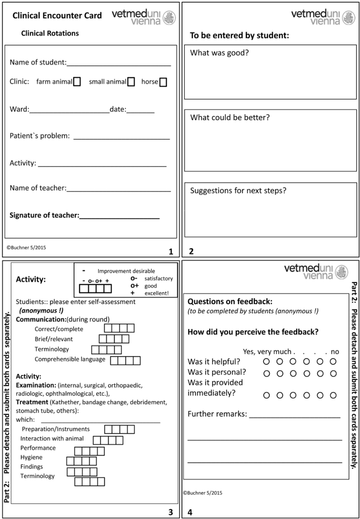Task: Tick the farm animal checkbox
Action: click(x=77, y=82)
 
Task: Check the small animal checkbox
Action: click(x=131, y=82)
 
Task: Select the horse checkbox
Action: click(x=163, y=82)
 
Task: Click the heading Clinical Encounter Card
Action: click(x=57, y=16)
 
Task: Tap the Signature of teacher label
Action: click(x=44, y=215)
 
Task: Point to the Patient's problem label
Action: click(x=40, y=136)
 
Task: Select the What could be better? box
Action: click(x=271, y=141)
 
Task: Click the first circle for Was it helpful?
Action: click(x=266, y=361)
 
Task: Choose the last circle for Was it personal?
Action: click(x=333, y=373)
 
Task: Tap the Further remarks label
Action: click(x=217, y=414)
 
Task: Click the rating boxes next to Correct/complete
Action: click(x=119, y=328)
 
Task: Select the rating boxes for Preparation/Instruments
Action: click(x=119, y=429)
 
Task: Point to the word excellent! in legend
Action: click(x=159, y=293)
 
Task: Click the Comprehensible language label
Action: click(x=70, y=359)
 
